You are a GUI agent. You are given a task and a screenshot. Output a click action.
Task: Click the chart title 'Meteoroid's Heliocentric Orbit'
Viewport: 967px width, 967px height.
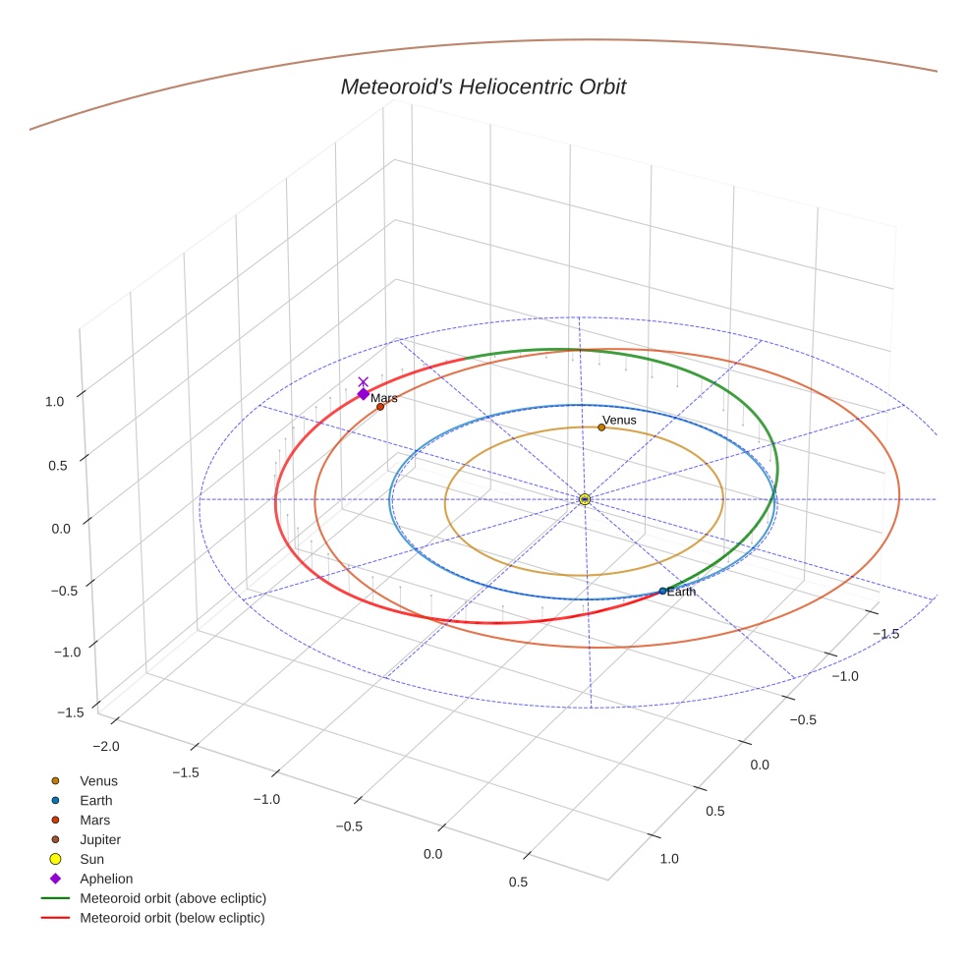tap(483, 87)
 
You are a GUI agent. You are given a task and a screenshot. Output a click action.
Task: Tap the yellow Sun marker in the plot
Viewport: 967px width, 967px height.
tap(585, 499)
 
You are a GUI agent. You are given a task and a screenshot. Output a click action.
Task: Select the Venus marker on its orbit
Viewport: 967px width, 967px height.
tap(601, 427)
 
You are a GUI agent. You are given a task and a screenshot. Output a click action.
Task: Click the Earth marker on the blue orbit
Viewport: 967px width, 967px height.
tap(662, 591)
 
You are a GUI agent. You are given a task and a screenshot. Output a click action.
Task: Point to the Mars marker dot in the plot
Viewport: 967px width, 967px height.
tap(380, 407)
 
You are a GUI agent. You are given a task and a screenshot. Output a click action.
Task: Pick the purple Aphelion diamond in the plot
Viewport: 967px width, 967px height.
tap(363, 394)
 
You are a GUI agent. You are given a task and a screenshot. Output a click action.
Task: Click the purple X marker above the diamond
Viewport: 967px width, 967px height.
tap(363, 381)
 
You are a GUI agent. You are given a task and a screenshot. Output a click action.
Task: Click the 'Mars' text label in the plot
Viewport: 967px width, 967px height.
tap(384, 398)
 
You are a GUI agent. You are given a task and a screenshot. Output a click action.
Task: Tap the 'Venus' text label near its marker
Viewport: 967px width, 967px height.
tap(619, 420)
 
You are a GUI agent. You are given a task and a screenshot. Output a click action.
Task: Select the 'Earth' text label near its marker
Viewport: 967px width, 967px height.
tap(681, 592)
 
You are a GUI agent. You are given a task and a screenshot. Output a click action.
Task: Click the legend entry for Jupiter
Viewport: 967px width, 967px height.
tap(99, 839)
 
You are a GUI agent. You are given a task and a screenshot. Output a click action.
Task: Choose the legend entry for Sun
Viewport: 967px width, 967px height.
tap(91, 859)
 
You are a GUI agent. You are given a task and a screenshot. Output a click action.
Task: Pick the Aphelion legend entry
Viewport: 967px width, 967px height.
tap(105, 879)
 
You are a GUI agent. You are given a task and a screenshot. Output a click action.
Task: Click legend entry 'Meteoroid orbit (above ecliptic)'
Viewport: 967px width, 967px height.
tap(172, 898)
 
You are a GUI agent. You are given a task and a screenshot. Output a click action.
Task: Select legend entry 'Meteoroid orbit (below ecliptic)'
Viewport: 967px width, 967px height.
tap(172, 918)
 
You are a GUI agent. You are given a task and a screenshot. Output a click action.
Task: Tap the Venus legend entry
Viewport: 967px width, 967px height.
tap(98, 780)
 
